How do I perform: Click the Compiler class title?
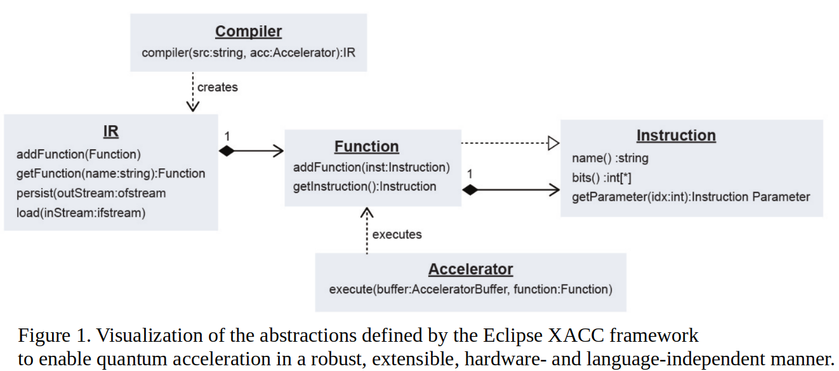point(248,31)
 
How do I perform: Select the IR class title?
point(110,132)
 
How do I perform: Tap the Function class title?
point(366,146)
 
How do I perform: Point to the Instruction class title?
point(676,135)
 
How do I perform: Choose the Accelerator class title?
point(470,269)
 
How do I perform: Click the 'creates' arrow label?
point(217,87)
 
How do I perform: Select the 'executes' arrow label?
point(397,234)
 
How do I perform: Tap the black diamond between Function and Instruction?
point(470,189)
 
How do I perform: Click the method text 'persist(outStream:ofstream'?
point(91,193)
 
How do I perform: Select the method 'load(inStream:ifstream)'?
point(81,213)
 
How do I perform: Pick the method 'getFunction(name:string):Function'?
point(111,173)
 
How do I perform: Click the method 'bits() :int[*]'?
point(601,178)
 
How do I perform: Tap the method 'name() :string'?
point(610,158)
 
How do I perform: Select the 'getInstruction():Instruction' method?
point(364,186)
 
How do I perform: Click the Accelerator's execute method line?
point(470,290)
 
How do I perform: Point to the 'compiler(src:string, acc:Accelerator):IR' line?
point(248,52)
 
